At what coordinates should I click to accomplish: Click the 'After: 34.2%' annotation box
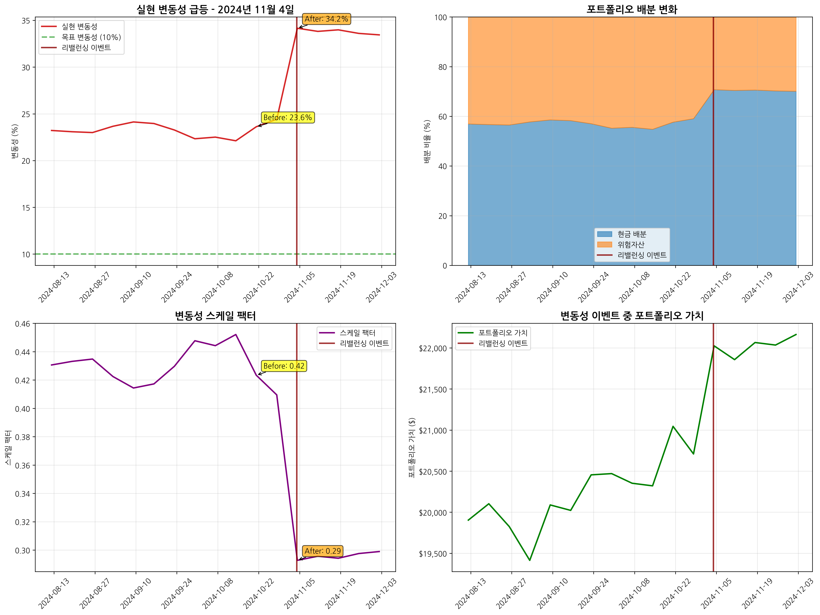(x=326, y=19)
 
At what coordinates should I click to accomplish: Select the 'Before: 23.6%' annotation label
(x=288, y=118)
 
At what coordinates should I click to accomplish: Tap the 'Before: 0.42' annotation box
(x=284, y=366)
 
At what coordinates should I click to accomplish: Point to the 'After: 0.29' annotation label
(x=322, y=551)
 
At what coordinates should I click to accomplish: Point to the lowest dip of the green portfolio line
(x=530, y=560)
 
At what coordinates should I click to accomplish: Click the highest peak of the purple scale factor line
(x=236, y=334)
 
